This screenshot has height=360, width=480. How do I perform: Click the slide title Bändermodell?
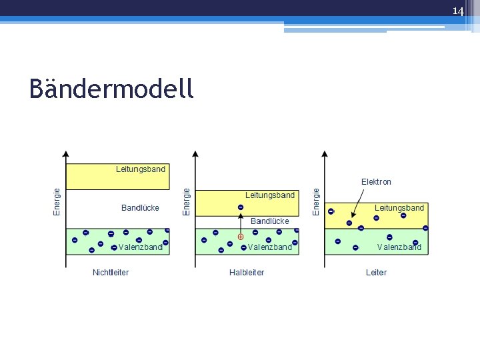coord(111,89)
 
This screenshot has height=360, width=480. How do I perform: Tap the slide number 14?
coord(458,11)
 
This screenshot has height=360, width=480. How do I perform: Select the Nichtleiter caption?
coord(111,272)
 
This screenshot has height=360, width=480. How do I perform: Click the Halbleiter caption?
coord(247,272)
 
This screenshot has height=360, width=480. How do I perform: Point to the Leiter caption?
coord(376,272)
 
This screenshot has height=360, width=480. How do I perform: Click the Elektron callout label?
coord(376,181)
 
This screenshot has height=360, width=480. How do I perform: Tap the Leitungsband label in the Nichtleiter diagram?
coord(141,169)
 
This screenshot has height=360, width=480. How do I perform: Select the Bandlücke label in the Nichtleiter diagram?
coord(140,208)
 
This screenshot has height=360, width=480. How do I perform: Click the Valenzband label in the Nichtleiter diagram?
coord(141,247)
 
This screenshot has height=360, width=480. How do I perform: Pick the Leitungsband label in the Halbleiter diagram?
coord(270,195)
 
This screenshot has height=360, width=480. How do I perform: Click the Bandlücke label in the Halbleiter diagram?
coord(270,221)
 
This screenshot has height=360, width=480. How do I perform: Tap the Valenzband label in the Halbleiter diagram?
coord(270,247)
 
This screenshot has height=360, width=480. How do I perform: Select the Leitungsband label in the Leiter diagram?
coord(399,208)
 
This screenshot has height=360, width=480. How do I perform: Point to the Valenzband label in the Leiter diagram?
coord(399,247)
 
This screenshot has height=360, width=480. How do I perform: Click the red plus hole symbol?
coord(241,236)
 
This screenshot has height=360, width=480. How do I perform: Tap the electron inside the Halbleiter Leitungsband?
coord(241,207)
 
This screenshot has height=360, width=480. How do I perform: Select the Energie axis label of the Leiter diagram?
coord(317,201)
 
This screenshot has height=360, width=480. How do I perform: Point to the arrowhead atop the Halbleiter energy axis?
coord(195,155)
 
